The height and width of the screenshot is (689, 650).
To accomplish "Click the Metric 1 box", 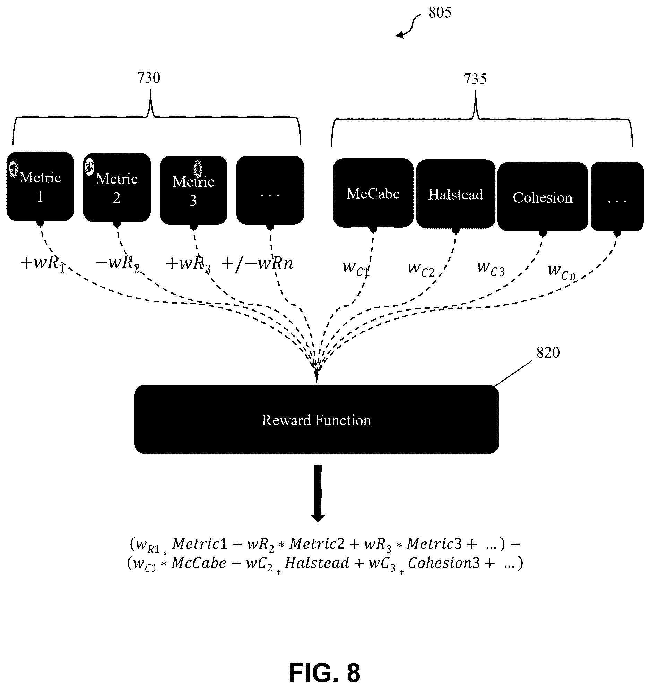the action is click(x=40, y=186).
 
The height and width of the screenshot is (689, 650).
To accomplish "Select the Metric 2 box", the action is click(x=117, y=187).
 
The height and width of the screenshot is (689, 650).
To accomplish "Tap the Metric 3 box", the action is click(x=193, y=190).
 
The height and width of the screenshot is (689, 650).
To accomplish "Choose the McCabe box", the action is click(x=373, y=193).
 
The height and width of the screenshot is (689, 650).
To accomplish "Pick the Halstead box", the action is click(x=456, y=194).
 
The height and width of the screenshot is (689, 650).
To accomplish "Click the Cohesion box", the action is click(x=543, y=197).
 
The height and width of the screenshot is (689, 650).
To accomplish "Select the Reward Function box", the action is click(x=317, y=419).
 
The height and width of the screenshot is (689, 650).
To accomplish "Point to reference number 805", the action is click(x=440, y=13).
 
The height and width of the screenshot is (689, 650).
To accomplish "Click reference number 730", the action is click(x=149, y=78).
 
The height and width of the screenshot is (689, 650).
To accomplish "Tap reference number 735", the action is click(x=475, y=79).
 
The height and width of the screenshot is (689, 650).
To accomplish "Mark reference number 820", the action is click(x=548, y=353).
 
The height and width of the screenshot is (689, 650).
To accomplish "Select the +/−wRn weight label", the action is click(x=258, y=264).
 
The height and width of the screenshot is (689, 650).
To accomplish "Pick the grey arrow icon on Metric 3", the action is click(x=198, y=168).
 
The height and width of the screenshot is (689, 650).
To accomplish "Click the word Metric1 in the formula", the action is click(x=200, y=544).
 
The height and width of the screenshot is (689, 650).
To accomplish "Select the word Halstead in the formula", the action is click(x=317, y=563).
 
